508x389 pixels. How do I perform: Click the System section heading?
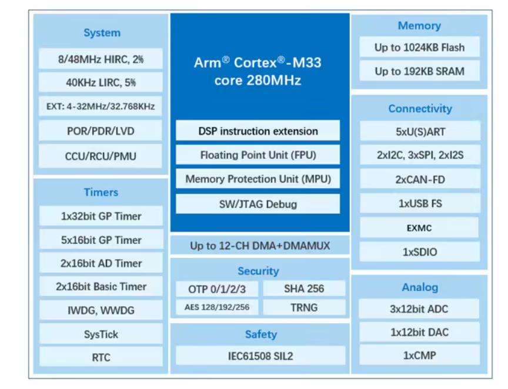tap(102, 33)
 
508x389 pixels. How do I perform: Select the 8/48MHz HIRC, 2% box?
tap(101, 59)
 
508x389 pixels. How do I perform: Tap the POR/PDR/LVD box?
tap(101, 130)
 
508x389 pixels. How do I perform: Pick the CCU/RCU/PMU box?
tap(101, 156)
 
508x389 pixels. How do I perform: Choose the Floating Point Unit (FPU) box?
tap(258, 155)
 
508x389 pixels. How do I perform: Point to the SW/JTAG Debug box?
tap(258, 204)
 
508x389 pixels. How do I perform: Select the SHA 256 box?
tap(304, 289)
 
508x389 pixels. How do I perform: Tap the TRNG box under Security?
tap(304, 307)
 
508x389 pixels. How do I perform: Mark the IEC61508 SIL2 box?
tap(260, 356)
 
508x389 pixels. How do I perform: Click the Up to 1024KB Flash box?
tap(419, 48)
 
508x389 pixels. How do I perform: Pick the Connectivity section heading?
tap(420, 109)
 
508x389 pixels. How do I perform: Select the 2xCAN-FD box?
tap(420, 179)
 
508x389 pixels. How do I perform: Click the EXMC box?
tap(420, 227)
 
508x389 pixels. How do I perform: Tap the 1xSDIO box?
tap(420, 252)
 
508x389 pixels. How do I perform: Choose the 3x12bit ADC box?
tap(420, 308)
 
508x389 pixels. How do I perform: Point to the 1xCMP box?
tap(420, 356)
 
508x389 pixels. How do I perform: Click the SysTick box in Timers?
tap(101, 334)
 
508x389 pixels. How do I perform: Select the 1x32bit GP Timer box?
tap(101, 216)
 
